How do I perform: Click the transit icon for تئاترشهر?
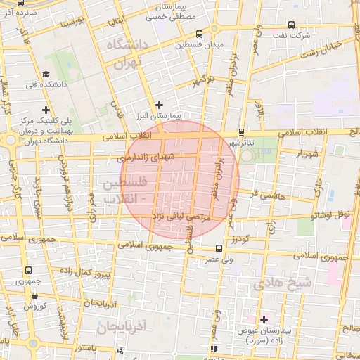[242, 131]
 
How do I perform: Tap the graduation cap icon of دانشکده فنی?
[46, 73]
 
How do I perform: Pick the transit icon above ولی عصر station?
[219, 248]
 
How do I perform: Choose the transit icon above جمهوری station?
[28, 270]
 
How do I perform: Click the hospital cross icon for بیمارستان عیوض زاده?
[264, 319]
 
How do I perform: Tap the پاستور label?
[93, 348]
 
